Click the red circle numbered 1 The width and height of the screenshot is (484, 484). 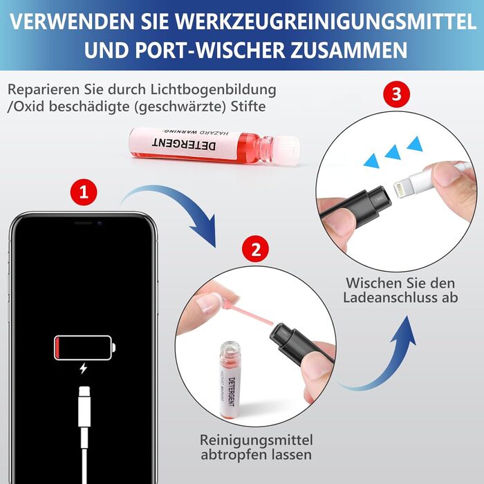(84, 192)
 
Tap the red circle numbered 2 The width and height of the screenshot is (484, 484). (256, 249)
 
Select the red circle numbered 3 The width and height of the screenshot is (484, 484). (396, 94)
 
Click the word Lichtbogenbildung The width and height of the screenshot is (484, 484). (213, 89)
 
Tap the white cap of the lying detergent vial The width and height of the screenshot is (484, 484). (287, 150)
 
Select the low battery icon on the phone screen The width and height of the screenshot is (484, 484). (84, 348)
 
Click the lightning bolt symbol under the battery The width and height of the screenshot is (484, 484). (83, 369)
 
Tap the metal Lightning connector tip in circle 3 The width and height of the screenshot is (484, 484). (401, 190)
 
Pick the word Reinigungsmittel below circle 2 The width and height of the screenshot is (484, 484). (257, 440)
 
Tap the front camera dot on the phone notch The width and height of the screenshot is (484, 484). (100, 223)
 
